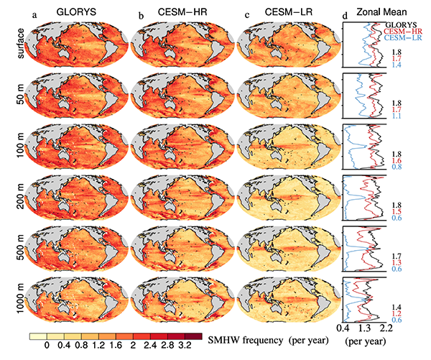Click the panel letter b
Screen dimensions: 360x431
[x=139, y=10]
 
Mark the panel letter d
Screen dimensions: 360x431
[x=346, y=10]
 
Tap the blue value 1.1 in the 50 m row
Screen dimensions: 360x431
[x=397, y=116]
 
